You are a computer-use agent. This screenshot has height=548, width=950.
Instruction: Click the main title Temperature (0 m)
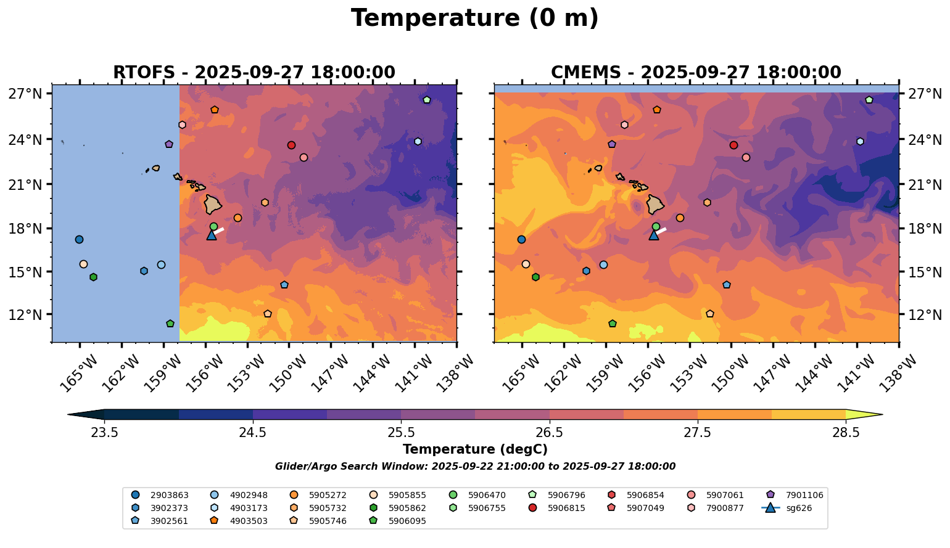click(474, 18)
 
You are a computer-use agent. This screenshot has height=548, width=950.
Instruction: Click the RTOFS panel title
click(254, 72)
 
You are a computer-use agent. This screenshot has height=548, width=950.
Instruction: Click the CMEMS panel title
click(696, 72)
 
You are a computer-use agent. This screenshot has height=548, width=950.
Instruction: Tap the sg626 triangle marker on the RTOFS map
click(212, 235)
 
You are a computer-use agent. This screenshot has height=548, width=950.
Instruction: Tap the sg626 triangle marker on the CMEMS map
click(654, 235)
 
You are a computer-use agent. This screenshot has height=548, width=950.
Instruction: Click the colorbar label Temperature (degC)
click(474, 449)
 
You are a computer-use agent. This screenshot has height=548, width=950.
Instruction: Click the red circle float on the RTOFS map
click(291, 145)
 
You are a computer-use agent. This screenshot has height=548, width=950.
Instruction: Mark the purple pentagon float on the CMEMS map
click(612, 144)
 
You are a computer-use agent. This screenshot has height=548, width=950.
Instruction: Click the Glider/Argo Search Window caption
click(475, 467)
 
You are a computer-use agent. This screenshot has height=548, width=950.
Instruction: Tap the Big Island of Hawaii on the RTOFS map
click(213, 204)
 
